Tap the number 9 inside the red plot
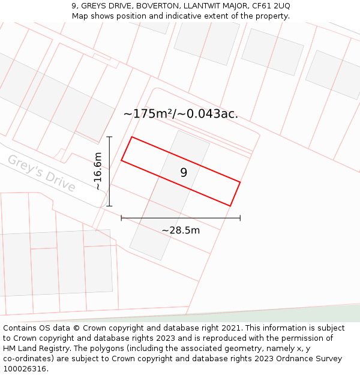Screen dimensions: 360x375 pos(184,173)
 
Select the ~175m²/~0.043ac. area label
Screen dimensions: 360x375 pos(181,113)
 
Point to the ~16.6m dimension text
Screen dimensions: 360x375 pos(98,171)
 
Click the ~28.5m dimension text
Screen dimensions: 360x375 pos(181,230)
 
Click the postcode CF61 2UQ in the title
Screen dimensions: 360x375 pos(269,5)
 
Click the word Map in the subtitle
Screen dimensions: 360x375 pos(80,16)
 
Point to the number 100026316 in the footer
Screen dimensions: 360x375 pos(25,368)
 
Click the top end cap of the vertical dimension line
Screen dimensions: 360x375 pos(109,137)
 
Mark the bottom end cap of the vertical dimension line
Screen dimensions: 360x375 pos(109,206)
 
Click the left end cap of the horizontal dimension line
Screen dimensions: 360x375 pos(121,218)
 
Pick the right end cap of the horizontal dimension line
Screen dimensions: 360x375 pos(240,218)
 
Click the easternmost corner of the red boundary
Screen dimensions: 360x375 pos(240,182)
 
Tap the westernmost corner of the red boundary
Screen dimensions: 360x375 pos(121,160)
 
